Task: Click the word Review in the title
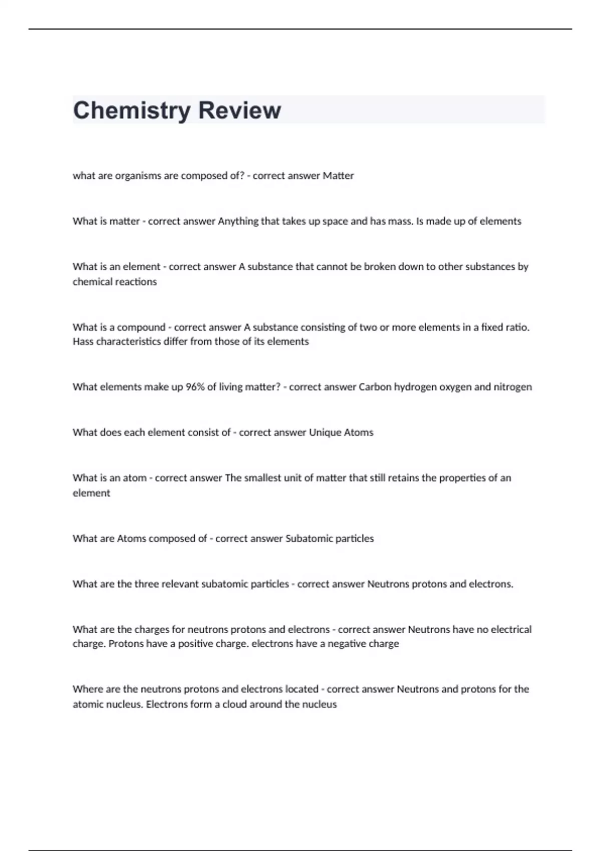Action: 239,111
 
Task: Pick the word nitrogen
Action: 513,387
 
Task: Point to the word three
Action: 147,584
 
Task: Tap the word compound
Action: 141,327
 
